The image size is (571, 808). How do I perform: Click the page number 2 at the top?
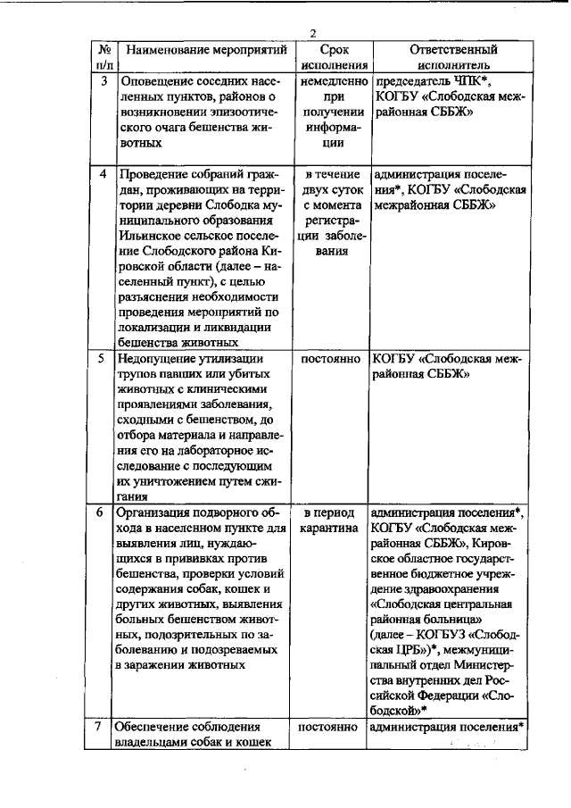point(313,33)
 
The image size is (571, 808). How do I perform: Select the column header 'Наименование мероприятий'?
point(206,50)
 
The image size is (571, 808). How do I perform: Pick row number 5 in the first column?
point(103,359)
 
